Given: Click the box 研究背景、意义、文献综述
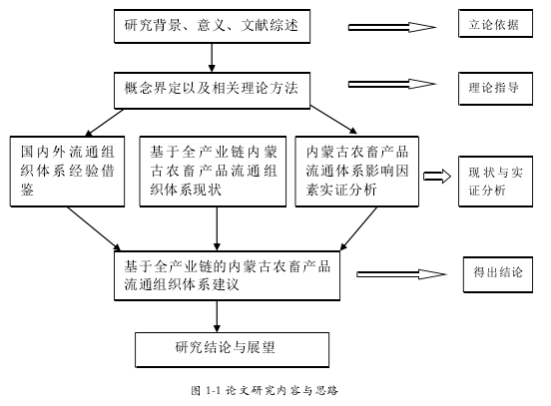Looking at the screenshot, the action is (212, 26).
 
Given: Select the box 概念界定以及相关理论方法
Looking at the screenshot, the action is (212, 90).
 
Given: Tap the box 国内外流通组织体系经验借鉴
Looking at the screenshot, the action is (67, 171).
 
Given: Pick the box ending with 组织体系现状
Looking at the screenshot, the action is (213, 171).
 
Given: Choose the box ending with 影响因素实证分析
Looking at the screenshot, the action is (356, 171).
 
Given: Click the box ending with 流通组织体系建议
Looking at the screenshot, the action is (227, 275).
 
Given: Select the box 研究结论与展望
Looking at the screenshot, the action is (232, 350).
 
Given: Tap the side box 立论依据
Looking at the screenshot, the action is (495, 24).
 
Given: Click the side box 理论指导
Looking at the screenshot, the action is (495, 89).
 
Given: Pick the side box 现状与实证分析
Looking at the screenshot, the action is (495, 182).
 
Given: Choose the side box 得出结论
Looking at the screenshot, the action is (498, 274).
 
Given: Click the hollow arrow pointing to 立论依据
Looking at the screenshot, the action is (392, 27).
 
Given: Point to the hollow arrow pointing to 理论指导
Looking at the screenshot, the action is (392, 84).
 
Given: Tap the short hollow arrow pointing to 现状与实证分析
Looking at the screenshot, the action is (437, 176).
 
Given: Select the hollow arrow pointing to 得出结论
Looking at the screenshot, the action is (401, 274).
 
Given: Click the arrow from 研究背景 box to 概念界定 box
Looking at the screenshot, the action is (212, 58).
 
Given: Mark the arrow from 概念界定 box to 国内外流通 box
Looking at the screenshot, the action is (105, 123).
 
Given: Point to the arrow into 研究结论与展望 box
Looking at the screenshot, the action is (217, 316).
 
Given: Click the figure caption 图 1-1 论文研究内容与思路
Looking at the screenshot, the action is (265, 390).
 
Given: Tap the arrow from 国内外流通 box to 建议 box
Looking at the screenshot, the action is (94, 228).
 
